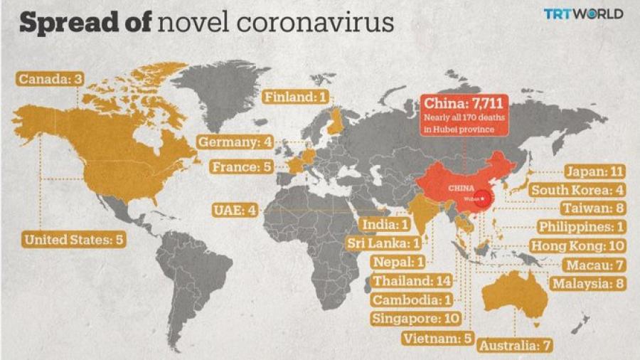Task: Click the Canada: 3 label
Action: tap(50, 78)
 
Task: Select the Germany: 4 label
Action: tap(235, 142)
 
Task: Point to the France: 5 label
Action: tap(242, 168)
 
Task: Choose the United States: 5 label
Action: tap(74, 240)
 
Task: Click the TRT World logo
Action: tap(583, 14)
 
